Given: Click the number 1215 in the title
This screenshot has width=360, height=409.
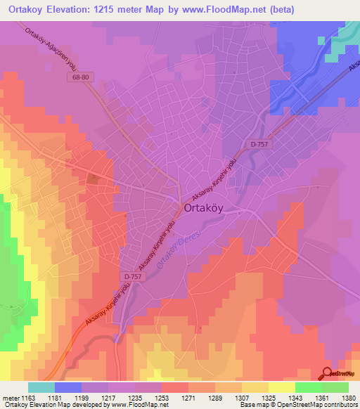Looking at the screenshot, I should point(115,10).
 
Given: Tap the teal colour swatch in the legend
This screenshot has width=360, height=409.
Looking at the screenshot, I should point(41,387).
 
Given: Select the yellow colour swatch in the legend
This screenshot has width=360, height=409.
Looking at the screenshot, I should point(281,387).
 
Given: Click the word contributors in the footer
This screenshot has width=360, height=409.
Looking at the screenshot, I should point(341,405).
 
